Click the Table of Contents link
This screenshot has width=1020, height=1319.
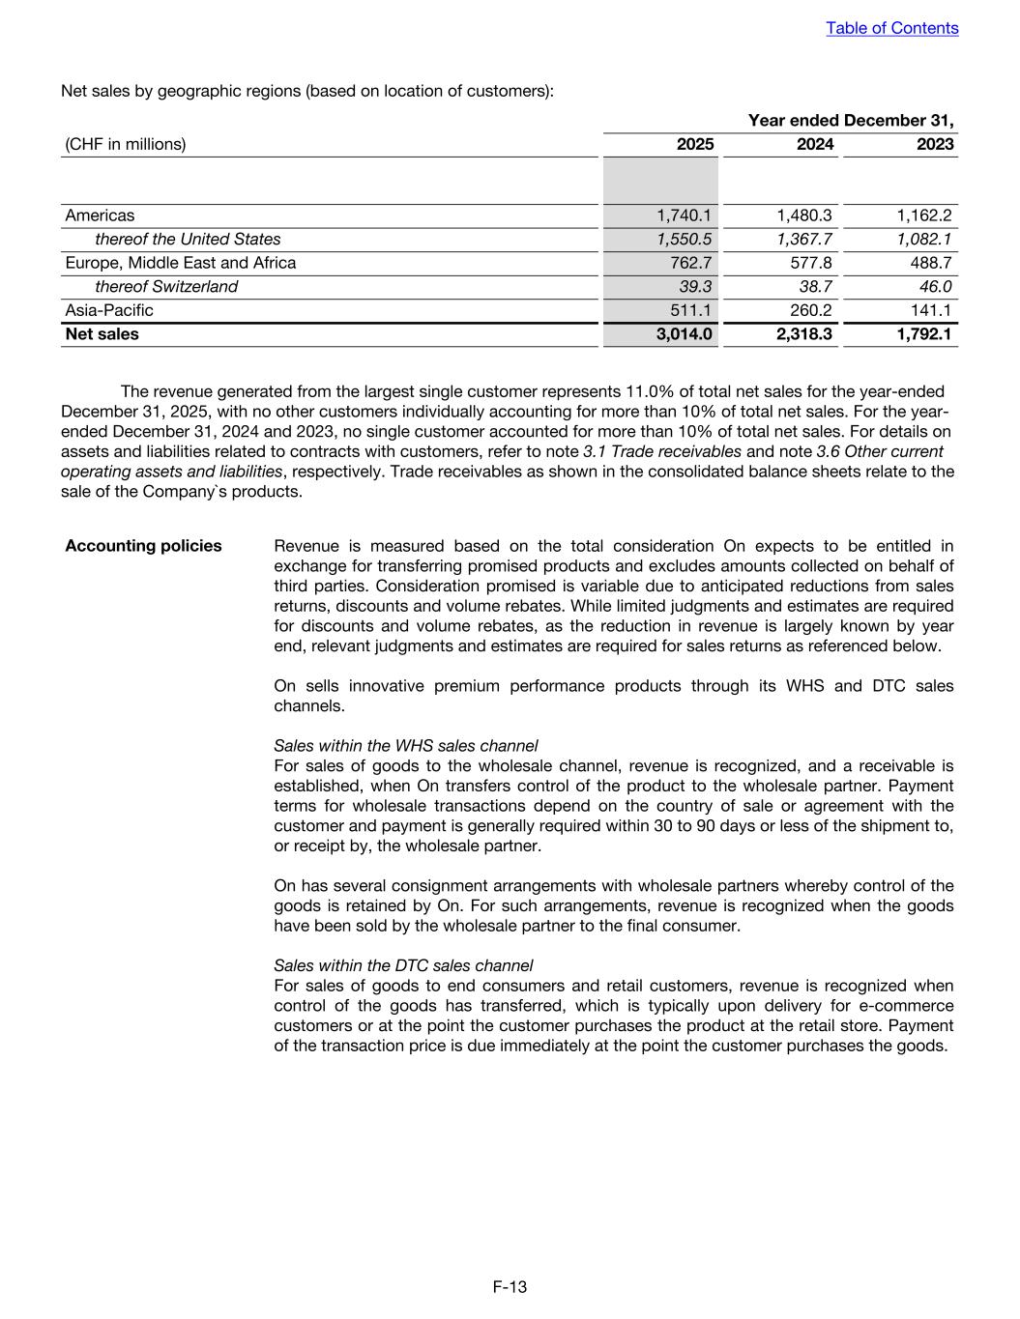tap(891, 28)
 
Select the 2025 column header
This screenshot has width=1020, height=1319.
tap(695, 144)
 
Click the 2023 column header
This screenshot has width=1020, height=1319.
tap(936, 144)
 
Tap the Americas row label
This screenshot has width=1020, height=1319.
tap(100, 215)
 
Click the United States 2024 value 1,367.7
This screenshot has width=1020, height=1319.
tap(805, 239)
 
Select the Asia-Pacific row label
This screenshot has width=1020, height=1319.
tap(108, 310)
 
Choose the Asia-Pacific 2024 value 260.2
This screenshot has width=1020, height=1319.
tap(811, 310)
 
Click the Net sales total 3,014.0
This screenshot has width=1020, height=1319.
tap(685, 334)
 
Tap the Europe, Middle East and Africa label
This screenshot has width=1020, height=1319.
tap(181, 263)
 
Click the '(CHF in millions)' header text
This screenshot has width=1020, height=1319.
tap(126, 144)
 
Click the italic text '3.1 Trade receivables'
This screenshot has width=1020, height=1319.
tap(662, 451)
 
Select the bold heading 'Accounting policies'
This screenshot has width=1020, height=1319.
tap(143, 546)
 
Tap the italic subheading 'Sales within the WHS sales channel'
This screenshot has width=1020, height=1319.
tap(406, 746)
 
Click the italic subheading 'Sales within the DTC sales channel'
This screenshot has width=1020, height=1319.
tap(403, 965)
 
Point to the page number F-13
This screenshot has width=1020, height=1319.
tap(510, 1286)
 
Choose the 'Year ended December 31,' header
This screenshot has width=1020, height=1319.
tap(851, 121)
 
